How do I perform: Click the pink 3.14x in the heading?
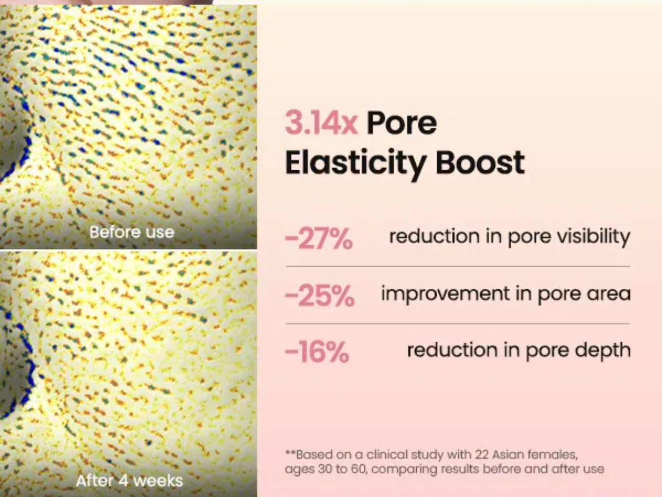321,123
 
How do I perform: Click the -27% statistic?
319,238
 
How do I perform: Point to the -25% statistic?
319,295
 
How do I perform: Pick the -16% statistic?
317,352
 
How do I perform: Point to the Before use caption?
132,232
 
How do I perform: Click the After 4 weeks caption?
129,481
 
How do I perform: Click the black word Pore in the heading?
402,123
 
